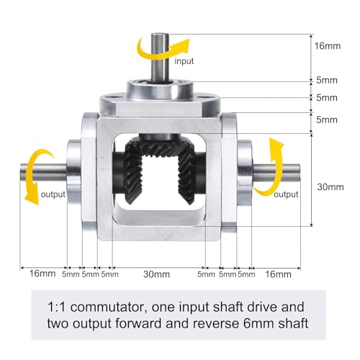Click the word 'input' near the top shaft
coord(184,61)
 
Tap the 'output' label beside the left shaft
coord(53,194)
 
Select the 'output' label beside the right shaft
coord(286,194)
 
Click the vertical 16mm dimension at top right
coord(328,46)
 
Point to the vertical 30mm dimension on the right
coord(330,186)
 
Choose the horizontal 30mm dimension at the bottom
coord(156,274)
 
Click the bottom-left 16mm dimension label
coord(42,274)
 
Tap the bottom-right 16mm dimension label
coord(278,274)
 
